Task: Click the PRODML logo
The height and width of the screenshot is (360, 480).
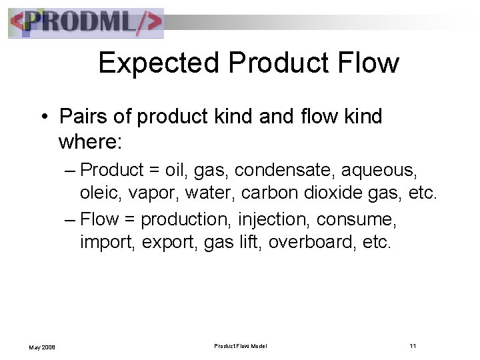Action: [86, 23]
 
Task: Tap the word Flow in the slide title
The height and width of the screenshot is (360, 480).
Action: [367, 63]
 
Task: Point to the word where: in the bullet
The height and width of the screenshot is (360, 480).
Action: [87, 142]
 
